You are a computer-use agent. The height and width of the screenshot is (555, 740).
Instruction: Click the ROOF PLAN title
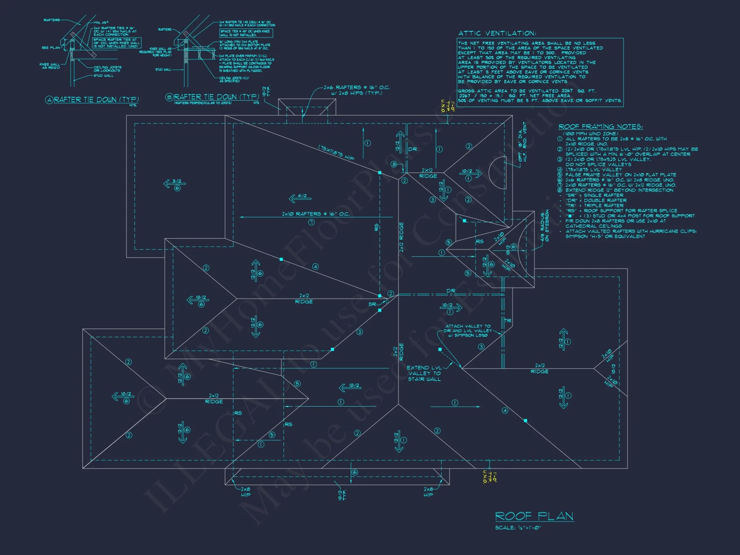click(x=534, y=516)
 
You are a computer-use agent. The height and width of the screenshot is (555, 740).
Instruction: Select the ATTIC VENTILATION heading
click(x=497, y=33)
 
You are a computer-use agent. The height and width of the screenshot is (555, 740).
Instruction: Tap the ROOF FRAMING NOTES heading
click(x=601, y=127)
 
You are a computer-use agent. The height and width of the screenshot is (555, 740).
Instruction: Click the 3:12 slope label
click(x=177, y=181)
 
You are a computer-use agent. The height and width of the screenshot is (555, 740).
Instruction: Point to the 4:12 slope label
click(x=302, y=196)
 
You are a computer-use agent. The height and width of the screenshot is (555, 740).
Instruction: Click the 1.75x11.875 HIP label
click(x=336, y=152)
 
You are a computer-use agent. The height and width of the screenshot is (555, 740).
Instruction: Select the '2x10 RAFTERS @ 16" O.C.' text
click(x=316, y=214)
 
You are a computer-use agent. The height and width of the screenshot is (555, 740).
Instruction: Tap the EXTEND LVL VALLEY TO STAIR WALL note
click(x=424, y=373)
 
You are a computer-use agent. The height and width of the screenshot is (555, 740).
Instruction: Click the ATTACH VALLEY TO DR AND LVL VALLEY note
click(x=468, y=331)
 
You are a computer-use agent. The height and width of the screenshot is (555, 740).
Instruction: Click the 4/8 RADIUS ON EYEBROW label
click(x=545, y=226)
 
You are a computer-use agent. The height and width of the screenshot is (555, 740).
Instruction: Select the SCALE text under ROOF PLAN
click(x=518, y=528)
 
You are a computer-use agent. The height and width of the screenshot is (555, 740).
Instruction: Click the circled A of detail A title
click(x=49, y=100)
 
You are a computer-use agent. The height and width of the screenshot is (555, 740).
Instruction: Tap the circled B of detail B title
click(x=169, y=97)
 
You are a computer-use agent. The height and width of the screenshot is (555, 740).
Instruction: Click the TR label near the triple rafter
click(x=508, y=321)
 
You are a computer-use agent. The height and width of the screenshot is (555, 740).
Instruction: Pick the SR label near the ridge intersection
click(x=372, y=304)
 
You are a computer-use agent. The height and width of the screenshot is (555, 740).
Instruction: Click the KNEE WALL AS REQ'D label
click(x=50, y=66)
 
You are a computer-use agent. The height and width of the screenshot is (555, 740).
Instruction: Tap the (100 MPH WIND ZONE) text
click(x=591, y=134)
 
